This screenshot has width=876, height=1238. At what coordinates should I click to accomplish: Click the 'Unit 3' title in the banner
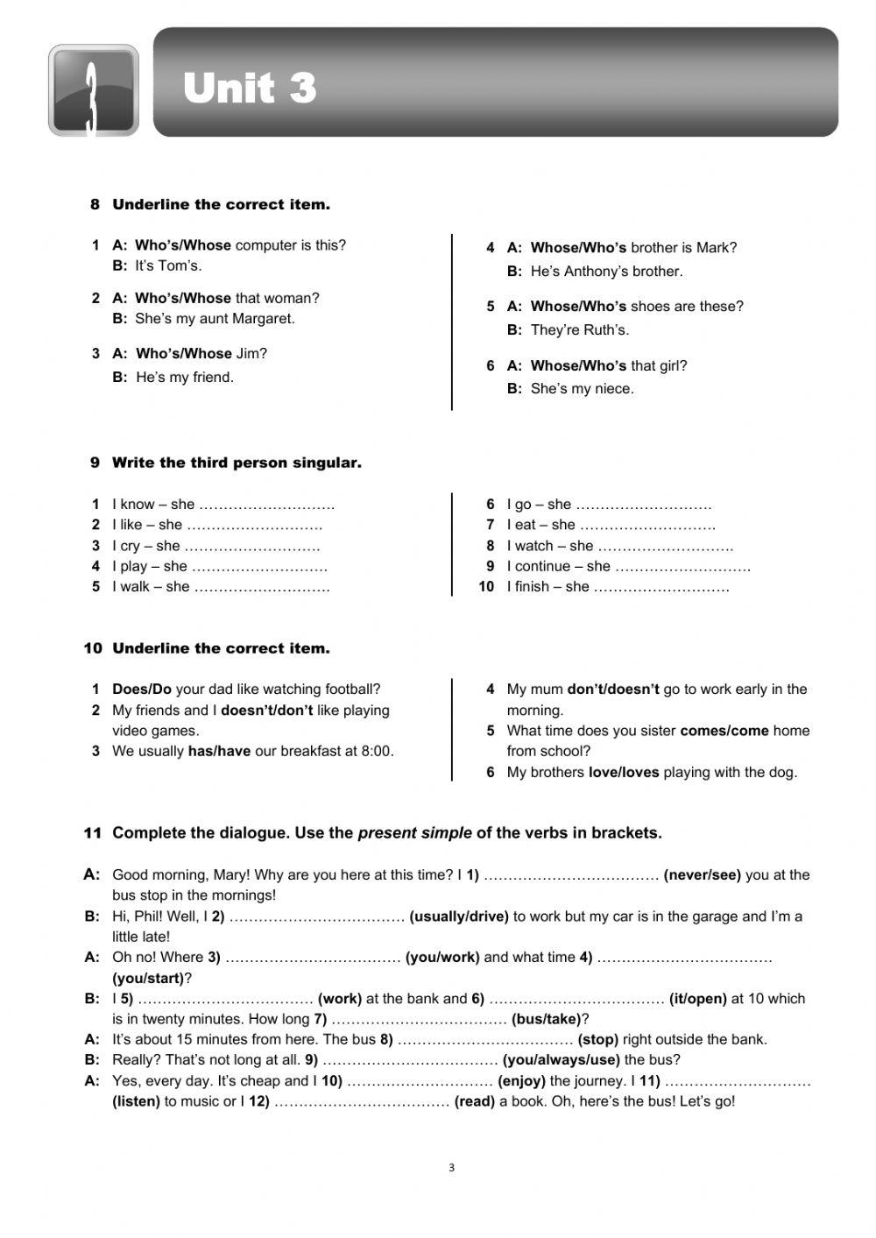(250, 89)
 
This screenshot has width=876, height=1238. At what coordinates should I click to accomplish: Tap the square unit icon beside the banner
(94, 90)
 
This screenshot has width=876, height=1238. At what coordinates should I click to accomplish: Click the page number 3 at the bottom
(451, 1167)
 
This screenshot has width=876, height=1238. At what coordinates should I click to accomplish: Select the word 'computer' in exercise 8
(265, 245)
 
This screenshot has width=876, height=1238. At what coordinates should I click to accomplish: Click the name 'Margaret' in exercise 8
(264, 319)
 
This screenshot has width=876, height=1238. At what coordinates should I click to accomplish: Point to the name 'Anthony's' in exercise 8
(602, 272)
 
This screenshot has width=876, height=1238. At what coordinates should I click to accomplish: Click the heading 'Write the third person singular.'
(237, 463)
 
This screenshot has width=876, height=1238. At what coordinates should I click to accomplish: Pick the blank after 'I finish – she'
(661, 587)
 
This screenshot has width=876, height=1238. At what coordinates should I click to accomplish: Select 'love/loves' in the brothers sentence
(624, 773)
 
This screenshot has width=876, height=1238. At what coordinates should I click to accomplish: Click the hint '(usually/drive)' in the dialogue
(459, 916)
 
